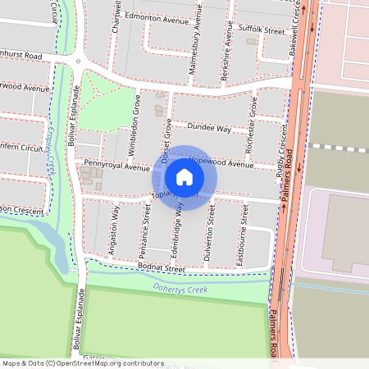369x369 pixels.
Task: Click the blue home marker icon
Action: pos(184,177)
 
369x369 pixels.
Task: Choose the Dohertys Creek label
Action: pos(180,289)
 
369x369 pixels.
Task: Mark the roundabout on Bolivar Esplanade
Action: pos(78,61)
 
